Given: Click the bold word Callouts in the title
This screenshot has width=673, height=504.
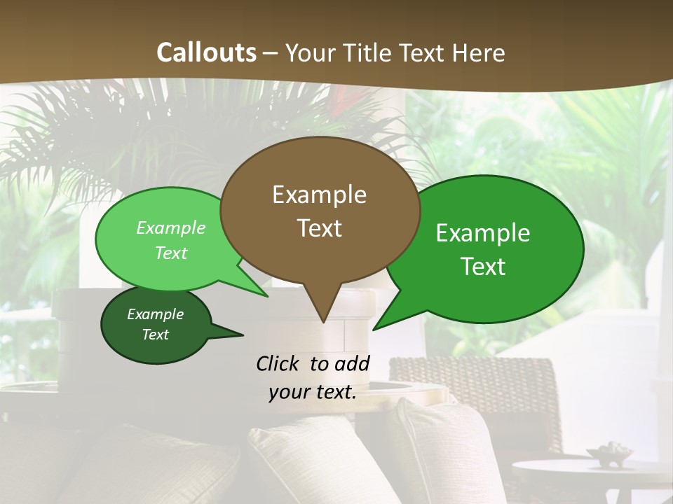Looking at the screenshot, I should pyautogui.click(x=206, y=52).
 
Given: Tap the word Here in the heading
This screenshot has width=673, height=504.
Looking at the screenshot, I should pyautogui.click(x=479, y=52).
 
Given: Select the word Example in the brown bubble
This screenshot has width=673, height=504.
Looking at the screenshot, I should pyautogui.click(x=319, y=195).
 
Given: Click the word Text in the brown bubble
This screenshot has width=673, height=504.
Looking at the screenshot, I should pyautogui.click(x=319, y=227).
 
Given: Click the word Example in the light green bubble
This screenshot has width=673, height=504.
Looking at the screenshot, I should pyautogui.click(x=171, y=227).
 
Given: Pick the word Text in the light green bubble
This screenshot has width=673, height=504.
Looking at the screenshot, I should pyautogui.click(x=171, y=253).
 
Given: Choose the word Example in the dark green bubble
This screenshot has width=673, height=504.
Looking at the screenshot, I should pyautogui.click(x=156, y=314).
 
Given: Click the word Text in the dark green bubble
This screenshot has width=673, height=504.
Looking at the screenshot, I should pyautogui.click(x=156, y=335).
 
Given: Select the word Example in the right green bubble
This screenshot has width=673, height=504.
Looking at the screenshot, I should pyautogui.click(x=483, y=233).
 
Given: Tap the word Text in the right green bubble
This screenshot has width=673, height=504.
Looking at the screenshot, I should pyautogui.click(x=483, y=266).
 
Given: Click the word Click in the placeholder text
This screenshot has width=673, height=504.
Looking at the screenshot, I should pyautogui.click(x=279, y=363).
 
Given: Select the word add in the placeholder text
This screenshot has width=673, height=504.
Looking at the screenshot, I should pyautogui.click(x=352, y=363).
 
